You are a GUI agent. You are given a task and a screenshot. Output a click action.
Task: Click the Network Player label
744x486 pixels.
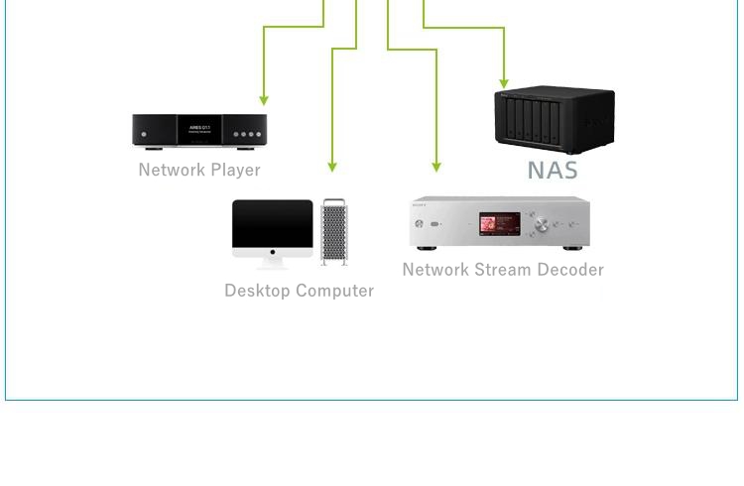[x=199, y=170]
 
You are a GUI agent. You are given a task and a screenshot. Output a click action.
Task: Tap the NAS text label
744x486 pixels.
[x=553, y=170]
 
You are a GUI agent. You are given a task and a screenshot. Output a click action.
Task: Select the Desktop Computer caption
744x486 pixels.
[x=299, y=291]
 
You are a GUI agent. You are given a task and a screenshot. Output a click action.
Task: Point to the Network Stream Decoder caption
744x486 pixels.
[x=503, y=270]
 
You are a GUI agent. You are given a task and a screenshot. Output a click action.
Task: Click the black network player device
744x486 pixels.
[x=199, y=131]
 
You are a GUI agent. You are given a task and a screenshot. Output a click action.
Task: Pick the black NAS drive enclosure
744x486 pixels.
[x=554, y=120]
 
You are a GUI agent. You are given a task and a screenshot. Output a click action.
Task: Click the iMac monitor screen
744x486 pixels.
[x=273, y=227]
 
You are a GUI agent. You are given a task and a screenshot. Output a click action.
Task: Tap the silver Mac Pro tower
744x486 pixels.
[x=334, y=232]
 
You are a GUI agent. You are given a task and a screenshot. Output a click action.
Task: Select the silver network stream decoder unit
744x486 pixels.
[x=501, y=222]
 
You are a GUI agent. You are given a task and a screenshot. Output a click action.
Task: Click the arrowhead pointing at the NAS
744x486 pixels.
[x=504, y=83]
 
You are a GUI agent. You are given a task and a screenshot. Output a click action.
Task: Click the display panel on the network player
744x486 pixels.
[x=199, y=130]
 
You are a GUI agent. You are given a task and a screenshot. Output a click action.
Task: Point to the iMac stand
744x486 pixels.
[x=272, y=261]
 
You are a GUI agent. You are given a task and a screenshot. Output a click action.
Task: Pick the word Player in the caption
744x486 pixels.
[x=235, y=170]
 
